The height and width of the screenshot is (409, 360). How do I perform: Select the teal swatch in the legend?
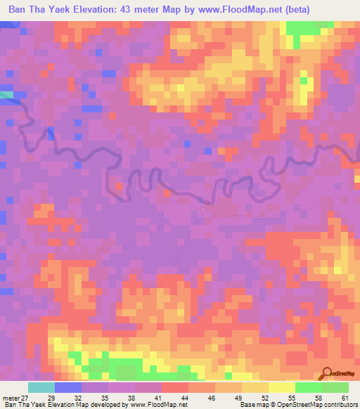coord(41,387)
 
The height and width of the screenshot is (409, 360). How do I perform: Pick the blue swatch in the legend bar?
coord(67,387)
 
